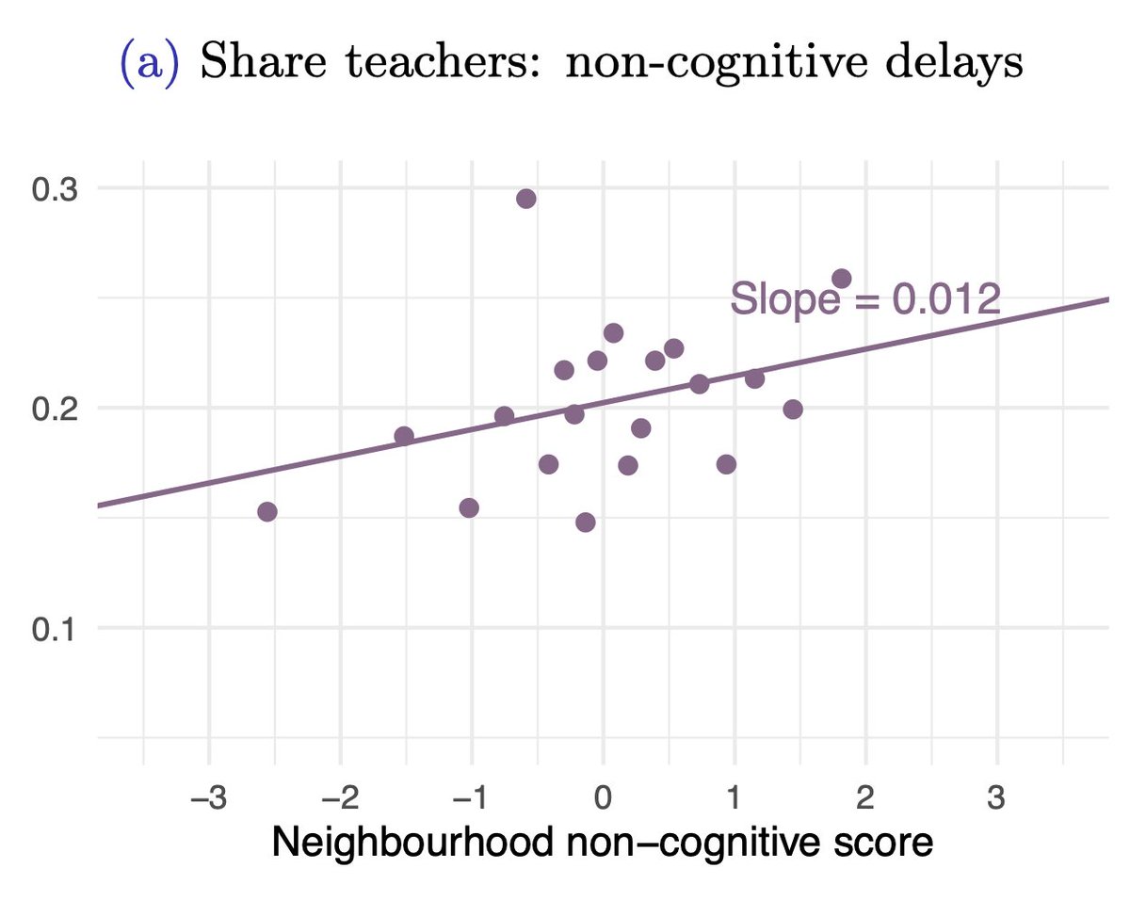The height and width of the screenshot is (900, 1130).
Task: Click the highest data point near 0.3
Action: (526, 199)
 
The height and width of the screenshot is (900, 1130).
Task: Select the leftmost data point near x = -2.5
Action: (267, 511)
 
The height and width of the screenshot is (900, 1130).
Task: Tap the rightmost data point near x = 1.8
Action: (841, 279)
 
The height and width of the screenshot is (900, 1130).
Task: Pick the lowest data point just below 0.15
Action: (586, 522)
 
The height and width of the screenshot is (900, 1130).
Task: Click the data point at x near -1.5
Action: (404, 436)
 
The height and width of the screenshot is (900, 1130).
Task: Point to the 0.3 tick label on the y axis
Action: (55, 188)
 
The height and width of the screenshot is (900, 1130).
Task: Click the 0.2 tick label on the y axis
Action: (55, 409)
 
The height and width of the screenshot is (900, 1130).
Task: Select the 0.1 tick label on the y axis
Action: (55, 628)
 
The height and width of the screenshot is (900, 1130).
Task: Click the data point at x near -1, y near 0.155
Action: (469, 508)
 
